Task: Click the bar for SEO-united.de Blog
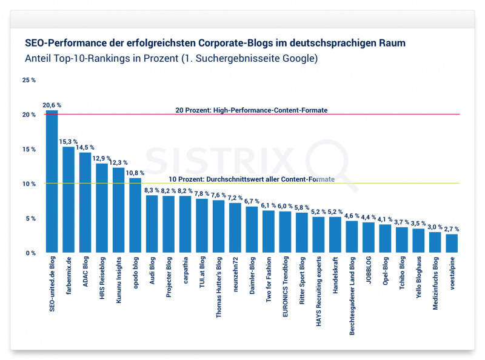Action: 52,182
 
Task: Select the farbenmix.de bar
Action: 69,200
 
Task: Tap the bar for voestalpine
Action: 452,243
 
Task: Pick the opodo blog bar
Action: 135,216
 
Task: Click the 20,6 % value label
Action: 52,105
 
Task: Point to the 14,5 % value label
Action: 85,147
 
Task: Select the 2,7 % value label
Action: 452,229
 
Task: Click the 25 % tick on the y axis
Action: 29,80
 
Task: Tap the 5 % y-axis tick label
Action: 30,218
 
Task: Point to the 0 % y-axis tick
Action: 30,253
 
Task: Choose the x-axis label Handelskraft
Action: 335,277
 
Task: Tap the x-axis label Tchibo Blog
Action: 402,275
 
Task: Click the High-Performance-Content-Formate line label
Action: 252,110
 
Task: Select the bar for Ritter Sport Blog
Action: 302,233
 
